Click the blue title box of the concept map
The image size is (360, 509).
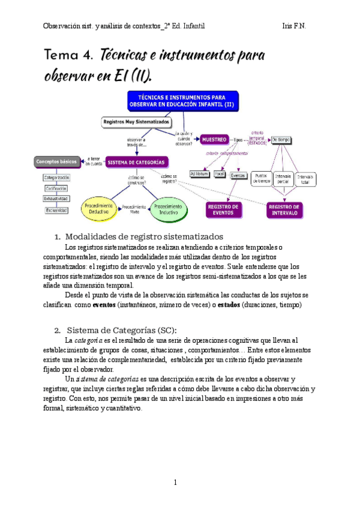tap(182, 101)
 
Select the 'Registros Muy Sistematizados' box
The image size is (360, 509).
tap(136, 121)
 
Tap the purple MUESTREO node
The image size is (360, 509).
tap(214, 139)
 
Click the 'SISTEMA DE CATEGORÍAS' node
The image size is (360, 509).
tap(137, 161)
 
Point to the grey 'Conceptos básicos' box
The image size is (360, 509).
tap(57, 161)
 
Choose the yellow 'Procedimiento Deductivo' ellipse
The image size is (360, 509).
tap(97, 208)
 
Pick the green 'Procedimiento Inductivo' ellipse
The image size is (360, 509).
tap(172, 208)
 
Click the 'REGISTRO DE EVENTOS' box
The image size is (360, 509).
tap(224, 209)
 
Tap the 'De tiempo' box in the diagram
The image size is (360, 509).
tap(281, 139)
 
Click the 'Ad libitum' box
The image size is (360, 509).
tap(199, 174)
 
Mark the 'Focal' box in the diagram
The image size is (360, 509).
tap(219, 174)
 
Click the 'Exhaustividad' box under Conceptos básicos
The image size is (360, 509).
tap(56, 198)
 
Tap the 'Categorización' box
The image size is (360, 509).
tap(57, 178)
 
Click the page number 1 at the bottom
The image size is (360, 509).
tap(175, 482)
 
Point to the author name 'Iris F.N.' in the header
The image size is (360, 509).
tap(295, 26)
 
